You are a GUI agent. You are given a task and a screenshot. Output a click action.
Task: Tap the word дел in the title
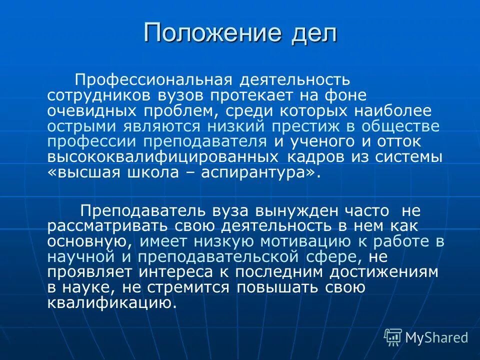pos(312,33)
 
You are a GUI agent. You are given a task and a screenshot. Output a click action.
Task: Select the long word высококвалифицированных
pos(163,157)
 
